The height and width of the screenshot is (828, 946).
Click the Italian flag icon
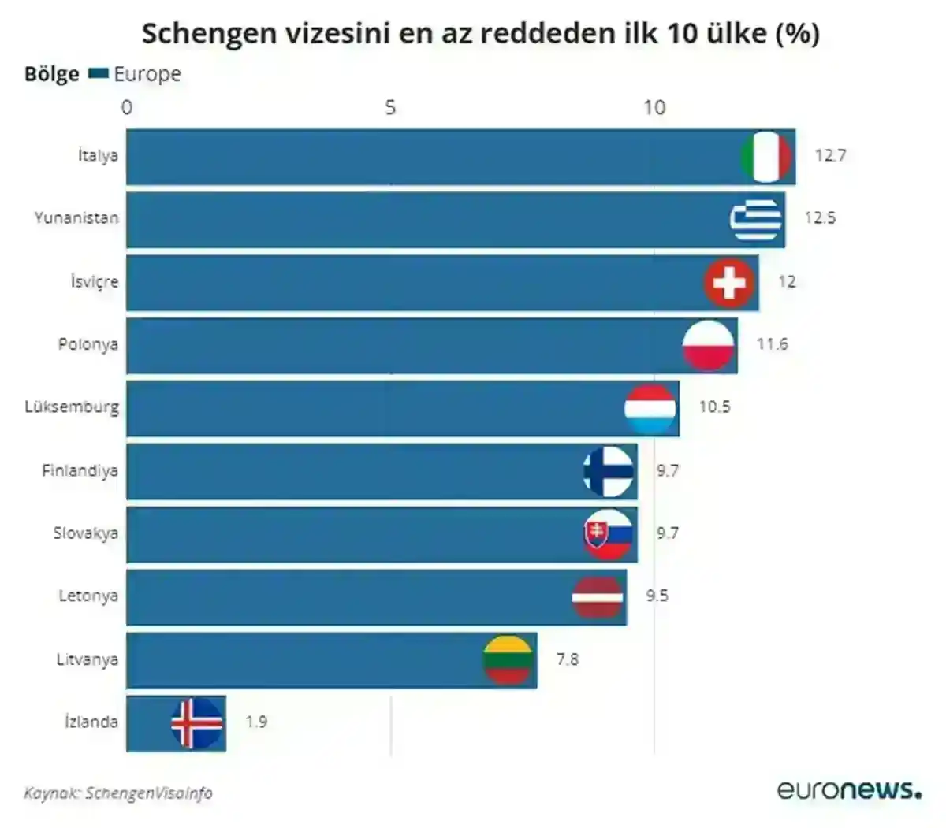pos(766,157)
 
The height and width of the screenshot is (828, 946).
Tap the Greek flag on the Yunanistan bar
pos(756,219)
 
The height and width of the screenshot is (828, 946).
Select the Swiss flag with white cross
pos(729,282)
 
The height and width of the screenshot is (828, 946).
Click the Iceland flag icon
pos(197,722)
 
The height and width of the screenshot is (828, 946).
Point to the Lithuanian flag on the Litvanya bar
pos(508,659)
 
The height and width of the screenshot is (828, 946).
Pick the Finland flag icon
pos(609,471)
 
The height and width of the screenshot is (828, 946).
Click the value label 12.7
pos(830,155)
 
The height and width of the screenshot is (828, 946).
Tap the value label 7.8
pos(567,659)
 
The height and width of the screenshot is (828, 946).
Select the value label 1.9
pos(256,722)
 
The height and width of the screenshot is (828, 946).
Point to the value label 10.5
pos(714,407)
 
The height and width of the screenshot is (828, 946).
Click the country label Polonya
pos(88,344)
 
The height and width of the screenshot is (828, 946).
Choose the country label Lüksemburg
pos(72,407)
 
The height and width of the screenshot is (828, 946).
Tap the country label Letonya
pos(88,596)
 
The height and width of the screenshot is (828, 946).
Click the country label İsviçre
pos(94,282)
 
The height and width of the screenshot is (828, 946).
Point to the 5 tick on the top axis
pos(390,107)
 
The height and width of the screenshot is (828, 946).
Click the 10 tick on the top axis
pos(654,107)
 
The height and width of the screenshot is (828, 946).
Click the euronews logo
pos(848,789)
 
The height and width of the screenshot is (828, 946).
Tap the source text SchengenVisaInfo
pos(148,793)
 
